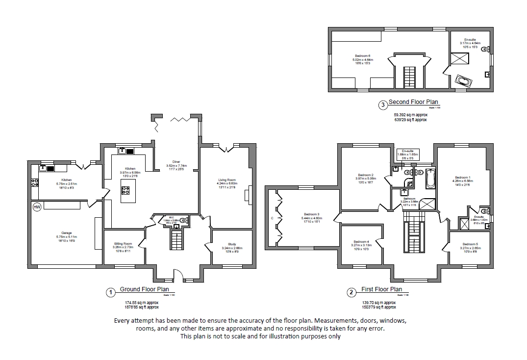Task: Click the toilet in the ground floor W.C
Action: point(183,221)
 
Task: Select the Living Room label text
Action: point(227,180)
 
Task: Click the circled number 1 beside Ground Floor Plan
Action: point(111,292)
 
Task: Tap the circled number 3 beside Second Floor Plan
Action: point(382,104)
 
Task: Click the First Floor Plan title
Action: point(382,289)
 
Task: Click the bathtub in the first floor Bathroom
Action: point(430,179)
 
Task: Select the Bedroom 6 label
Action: point(363,56)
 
